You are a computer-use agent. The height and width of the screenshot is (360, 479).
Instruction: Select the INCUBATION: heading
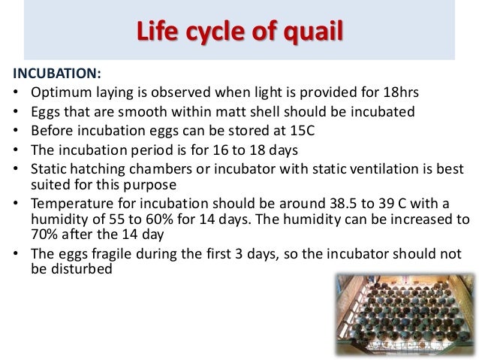coord(57,74)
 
